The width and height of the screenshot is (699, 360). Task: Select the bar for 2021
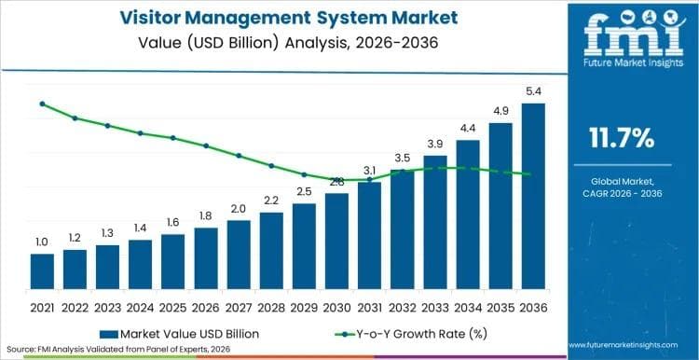pos(42,271)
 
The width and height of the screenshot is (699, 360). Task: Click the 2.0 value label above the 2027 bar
pos(239,209)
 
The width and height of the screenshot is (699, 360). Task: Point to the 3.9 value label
pos(435,144)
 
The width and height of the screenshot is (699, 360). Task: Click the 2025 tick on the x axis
pos(173,306)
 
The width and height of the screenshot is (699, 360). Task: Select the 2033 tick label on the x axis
pos(435,306)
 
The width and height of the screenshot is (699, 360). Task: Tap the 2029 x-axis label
pos(304,306)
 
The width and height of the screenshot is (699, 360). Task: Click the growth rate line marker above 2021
pos(42,104)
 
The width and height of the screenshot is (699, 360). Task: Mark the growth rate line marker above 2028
pos(271,166)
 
